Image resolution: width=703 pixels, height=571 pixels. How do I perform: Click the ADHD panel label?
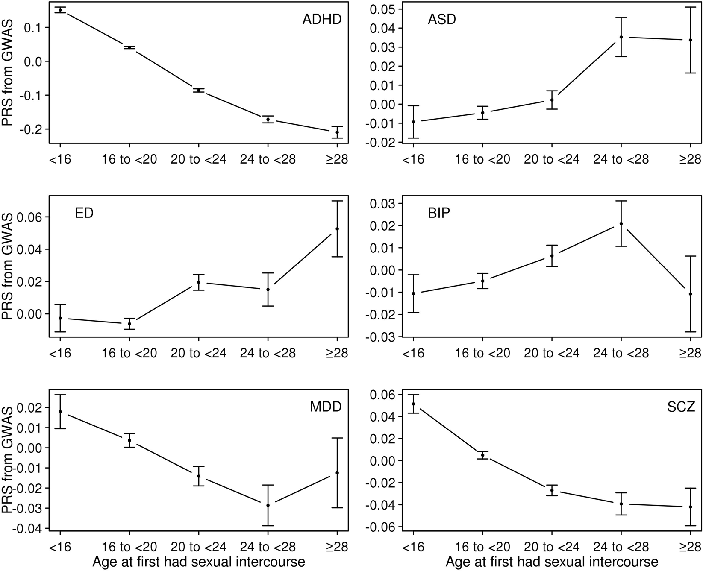point(322,20)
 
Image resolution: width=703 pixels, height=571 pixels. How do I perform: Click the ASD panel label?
point(441,20)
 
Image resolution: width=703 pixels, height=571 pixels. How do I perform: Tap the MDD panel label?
point(325,407)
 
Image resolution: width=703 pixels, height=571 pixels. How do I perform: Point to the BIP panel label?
point(439,213)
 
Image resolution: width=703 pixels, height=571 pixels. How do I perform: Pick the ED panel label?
point(84,213)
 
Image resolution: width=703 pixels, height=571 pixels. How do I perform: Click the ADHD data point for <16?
point(60,10)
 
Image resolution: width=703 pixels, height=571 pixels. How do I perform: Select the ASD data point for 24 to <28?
point(621,37)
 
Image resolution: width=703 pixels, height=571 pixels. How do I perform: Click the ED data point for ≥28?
point(337,229)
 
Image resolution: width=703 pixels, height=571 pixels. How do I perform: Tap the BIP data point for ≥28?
point(690,294)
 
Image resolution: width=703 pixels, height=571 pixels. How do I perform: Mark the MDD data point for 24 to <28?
point(268,505)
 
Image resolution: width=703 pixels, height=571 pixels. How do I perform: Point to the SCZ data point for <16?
point(413,404)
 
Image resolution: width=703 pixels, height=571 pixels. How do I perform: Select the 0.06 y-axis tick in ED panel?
point(26,217)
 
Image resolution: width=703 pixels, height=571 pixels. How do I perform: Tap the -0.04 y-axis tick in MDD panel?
point(26,528)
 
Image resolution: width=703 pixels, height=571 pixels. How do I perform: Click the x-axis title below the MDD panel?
point(199,562)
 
